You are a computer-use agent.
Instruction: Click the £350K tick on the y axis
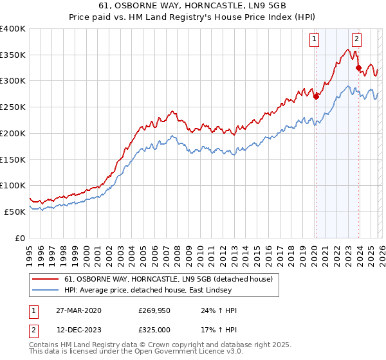tap(13, 55)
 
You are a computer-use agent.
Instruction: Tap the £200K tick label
tap(13, 133)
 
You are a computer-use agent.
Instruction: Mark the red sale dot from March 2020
tap(316, 96)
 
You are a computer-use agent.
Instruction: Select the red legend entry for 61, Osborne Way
tap(169, 279)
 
